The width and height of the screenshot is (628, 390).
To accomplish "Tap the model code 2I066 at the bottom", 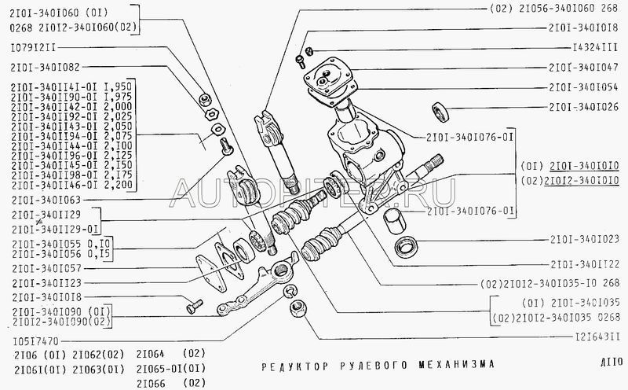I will tap(150, 382).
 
